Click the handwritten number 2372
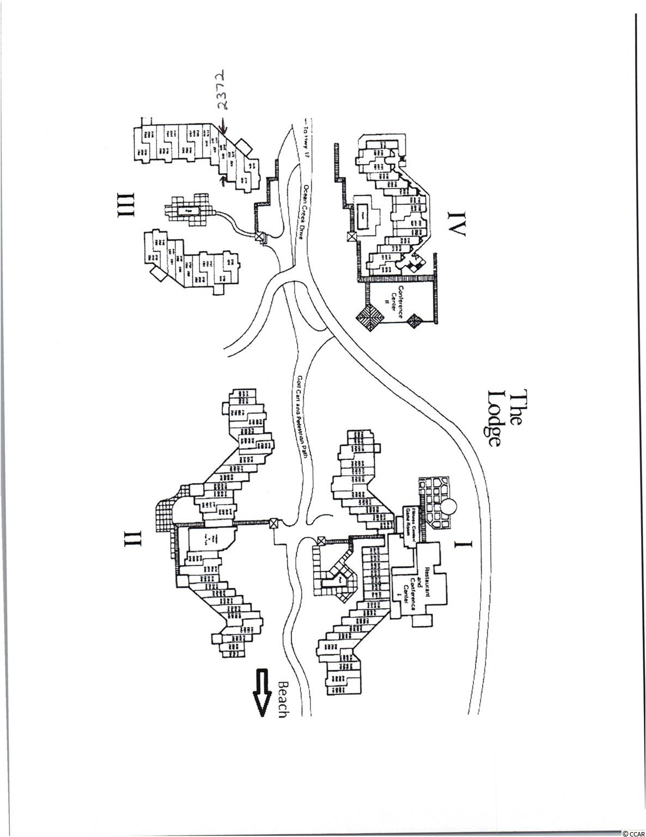pos(220,89)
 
